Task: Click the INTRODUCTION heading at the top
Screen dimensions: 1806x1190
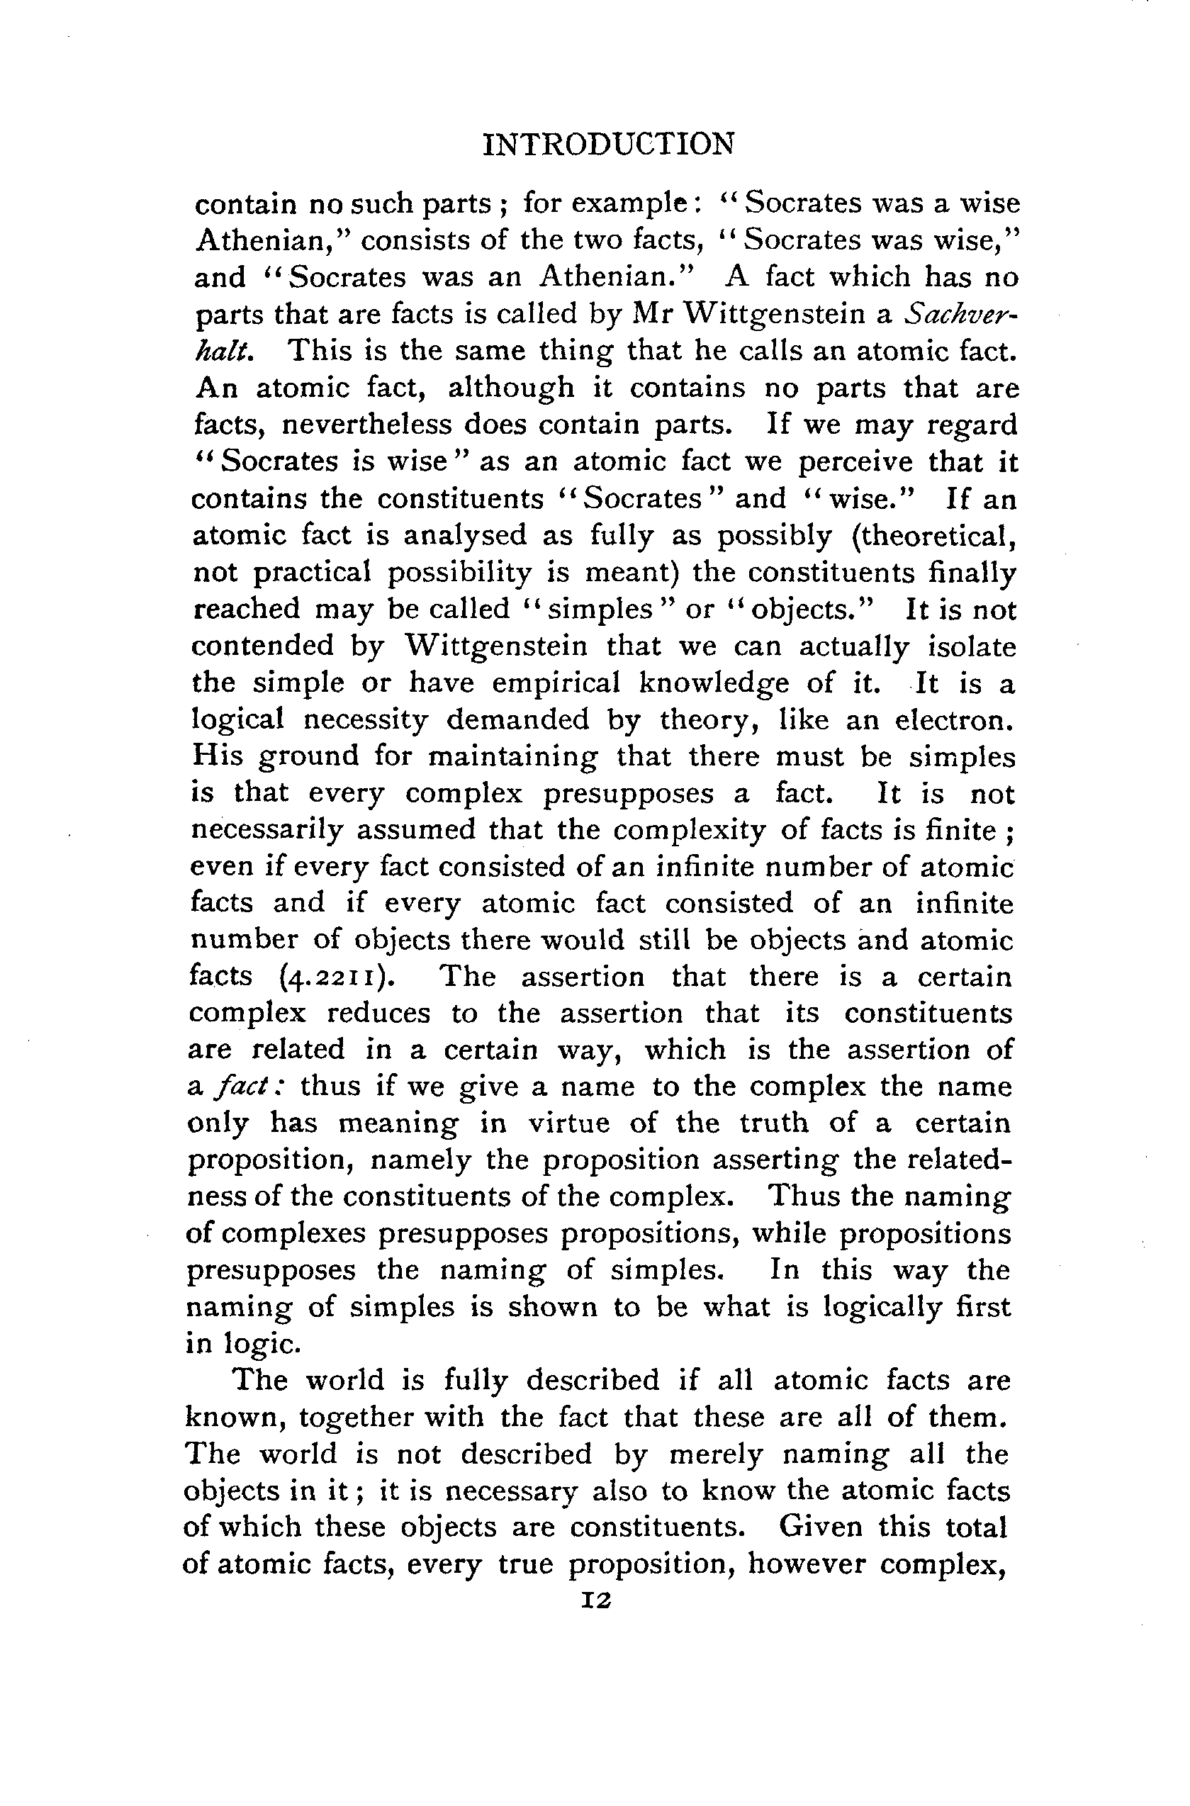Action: click(x=609, y=144)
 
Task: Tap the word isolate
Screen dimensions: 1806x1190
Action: click(x=972, y=646)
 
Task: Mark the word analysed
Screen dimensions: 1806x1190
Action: click(x=464, y=536)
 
